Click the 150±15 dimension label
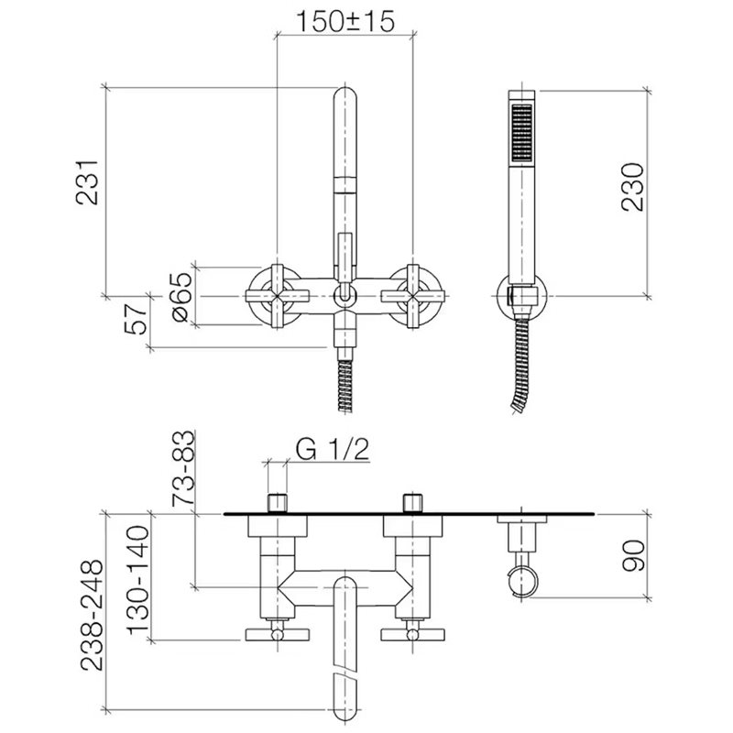[345, 21]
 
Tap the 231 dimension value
[87, 182]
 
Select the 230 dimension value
[633, 187]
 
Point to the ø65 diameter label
[181, 297]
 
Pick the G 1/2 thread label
[333, 449]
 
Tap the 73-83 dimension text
[182, 468]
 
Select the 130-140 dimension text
[138, 580]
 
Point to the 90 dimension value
[633, 556]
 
